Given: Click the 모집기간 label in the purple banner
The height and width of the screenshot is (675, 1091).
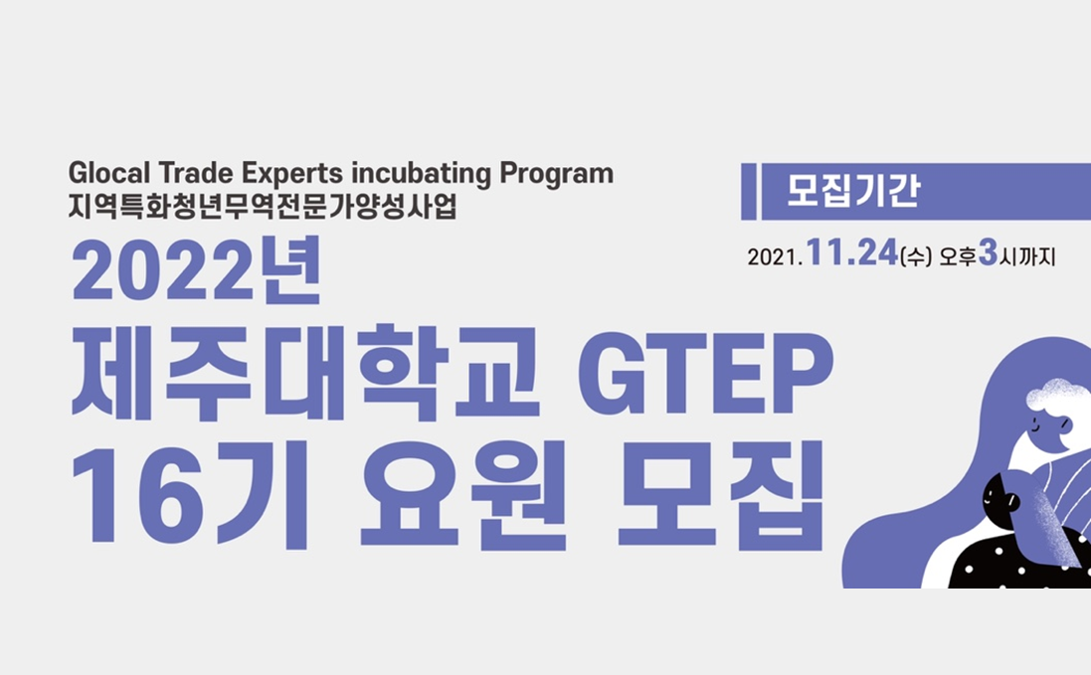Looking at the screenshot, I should (x=852, y=190).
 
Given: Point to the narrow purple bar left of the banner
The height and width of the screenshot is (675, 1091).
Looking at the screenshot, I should (x=749, y=191).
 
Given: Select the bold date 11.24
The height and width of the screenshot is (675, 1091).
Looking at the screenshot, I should (x=852, y=254).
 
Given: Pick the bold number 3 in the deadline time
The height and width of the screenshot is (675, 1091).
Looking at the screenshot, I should (x=988, y=254).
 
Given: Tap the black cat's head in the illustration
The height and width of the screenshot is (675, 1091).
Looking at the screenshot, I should (x=999, y=493).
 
